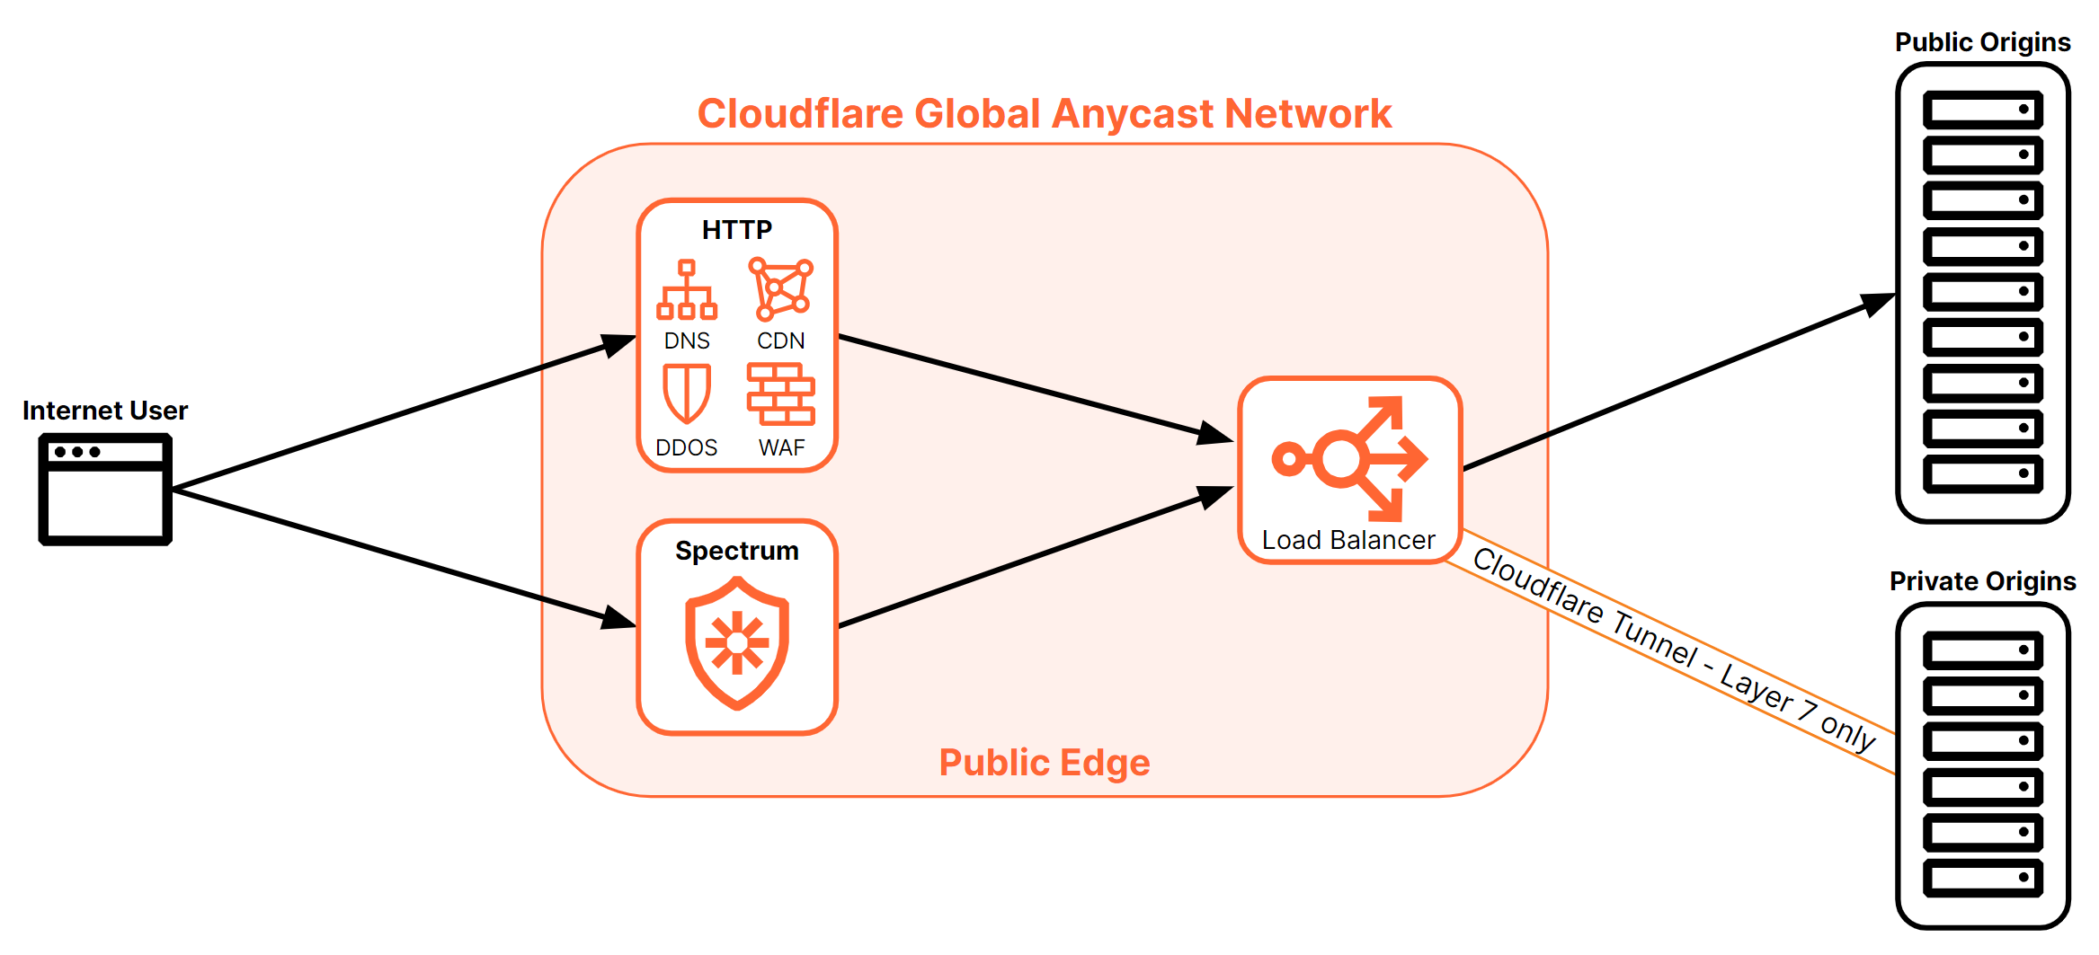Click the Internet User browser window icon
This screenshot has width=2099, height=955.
105,490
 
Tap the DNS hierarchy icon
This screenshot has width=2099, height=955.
687,290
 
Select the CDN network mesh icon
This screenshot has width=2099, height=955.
781,289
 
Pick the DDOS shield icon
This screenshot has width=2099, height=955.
687,393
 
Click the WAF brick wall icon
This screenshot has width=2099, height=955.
781,393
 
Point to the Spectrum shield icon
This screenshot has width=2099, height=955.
737,642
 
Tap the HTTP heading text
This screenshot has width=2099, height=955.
737,230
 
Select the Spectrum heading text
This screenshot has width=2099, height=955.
737,551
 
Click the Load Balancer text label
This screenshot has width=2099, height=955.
1348,540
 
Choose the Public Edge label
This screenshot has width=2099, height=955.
1045,763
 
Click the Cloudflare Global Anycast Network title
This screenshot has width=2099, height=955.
1045,114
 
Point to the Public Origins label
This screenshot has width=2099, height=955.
1982,42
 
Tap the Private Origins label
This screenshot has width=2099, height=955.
1982,581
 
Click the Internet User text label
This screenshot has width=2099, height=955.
105,411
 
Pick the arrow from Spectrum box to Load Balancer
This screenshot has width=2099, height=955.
1034,556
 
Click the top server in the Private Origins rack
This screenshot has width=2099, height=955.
1982,650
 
